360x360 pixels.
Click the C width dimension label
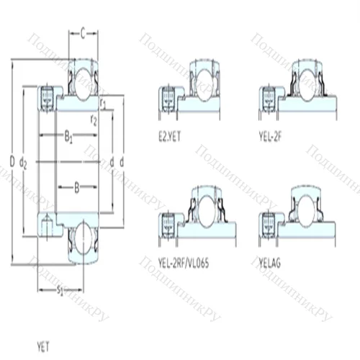84,32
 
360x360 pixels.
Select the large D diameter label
14,158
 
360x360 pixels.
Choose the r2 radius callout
94,120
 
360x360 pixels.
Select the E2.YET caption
171,133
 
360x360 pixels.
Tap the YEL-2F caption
272,133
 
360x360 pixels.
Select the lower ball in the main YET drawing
84,238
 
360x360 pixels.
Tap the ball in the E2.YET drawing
204,81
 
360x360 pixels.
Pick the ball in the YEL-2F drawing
305,81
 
